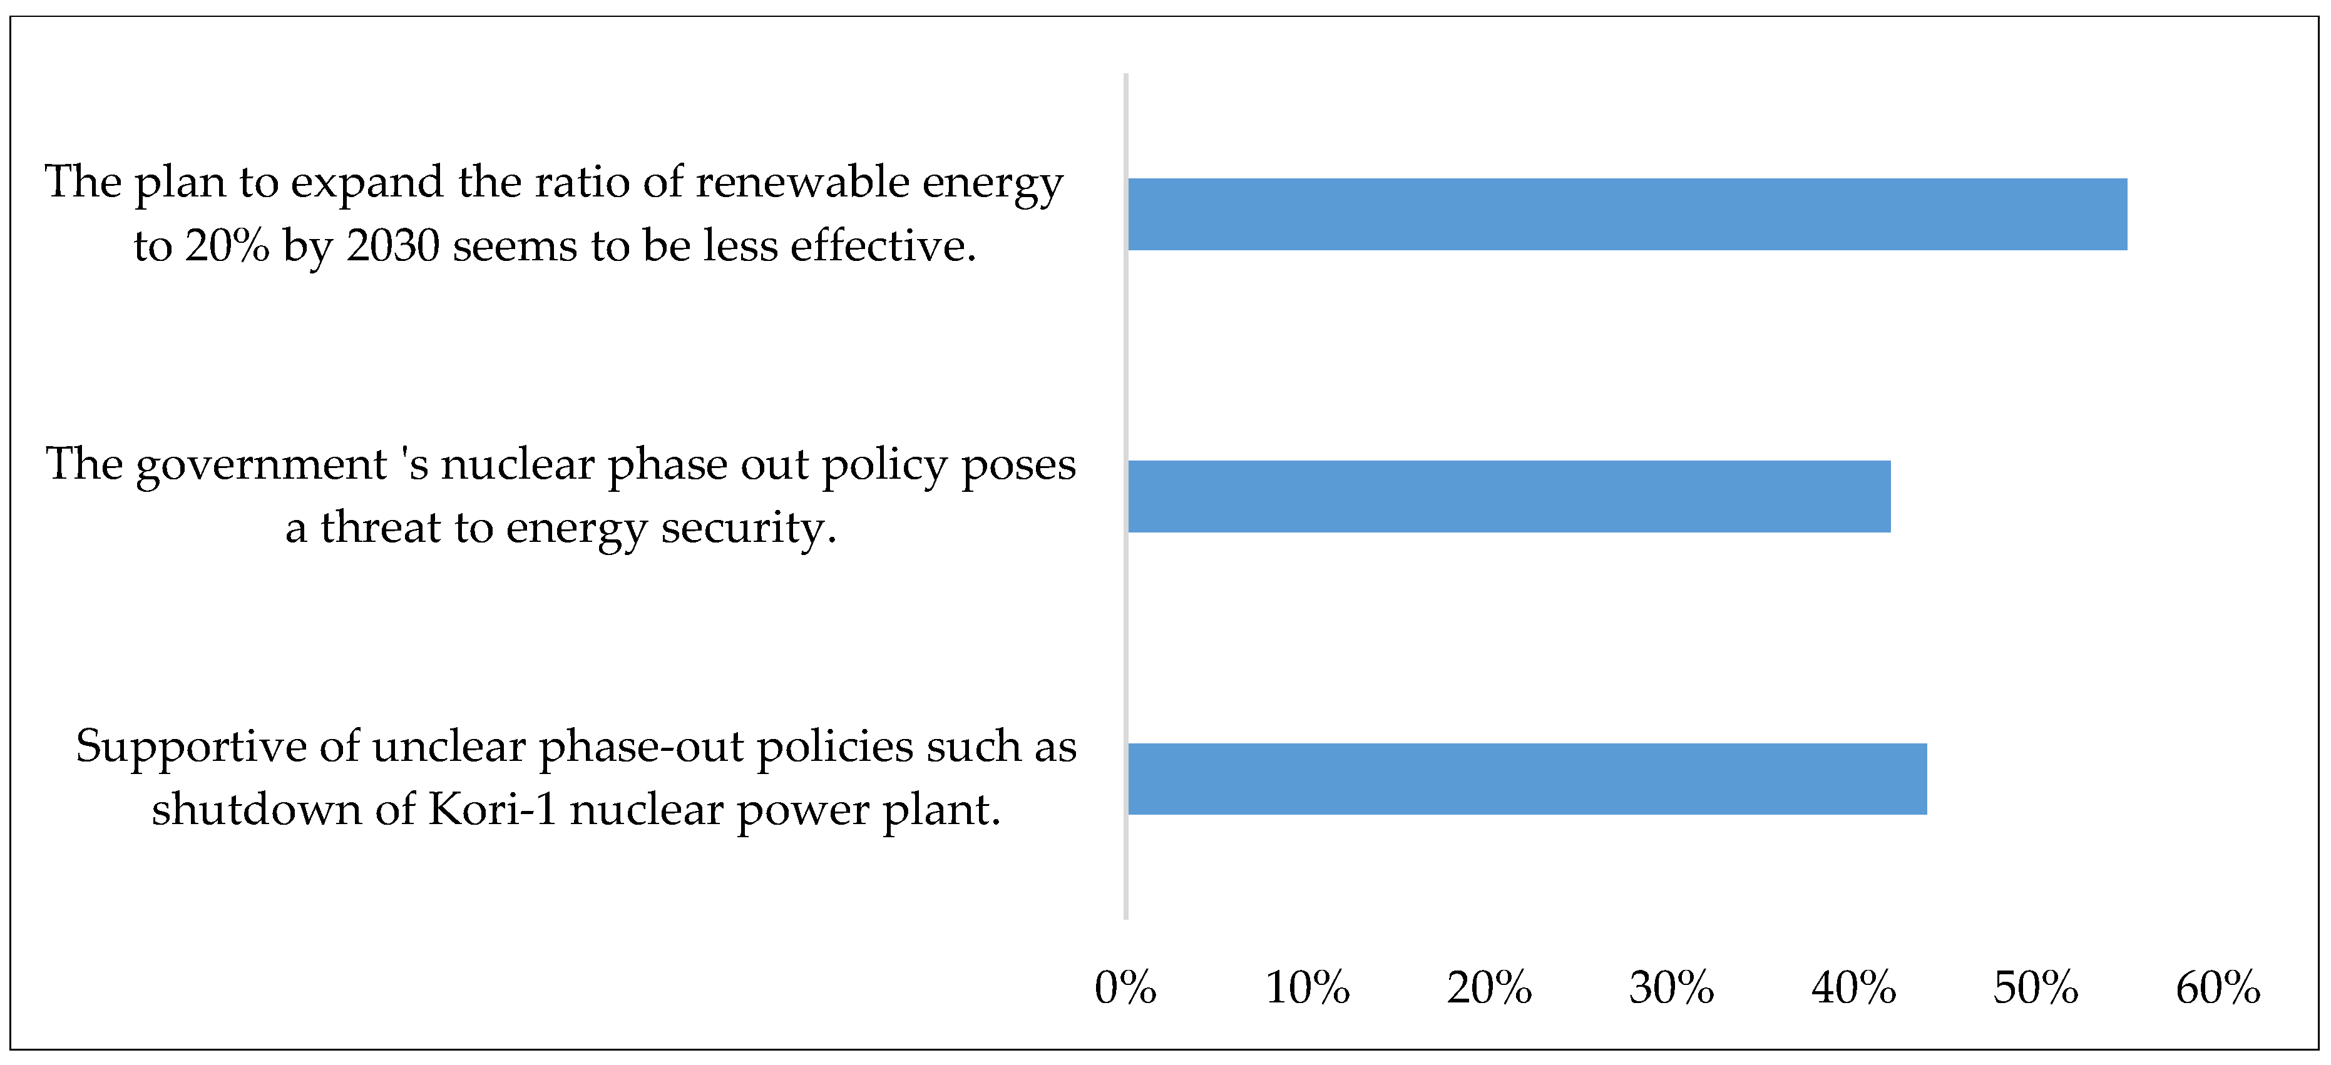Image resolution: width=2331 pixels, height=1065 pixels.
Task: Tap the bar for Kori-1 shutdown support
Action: coord(1527,778)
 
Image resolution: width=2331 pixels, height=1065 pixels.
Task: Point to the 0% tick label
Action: coord(1125,987)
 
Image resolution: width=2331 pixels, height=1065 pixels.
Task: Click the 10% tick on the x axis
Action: coord(1307,987)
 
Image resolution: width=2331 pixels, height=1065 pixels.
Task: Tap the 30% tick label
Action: coord(1671,987)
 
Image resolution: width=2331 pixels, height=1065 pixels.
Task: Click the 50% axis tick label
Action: coord(2035,987)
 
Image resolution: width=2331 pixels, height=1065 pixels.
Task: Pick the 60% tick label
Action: coord(2217,987)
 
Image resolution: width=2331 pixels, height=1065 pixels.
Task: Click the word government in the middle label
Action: coord(262,466)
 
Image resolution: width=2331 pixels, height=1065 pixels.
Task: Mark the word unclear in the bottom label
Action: coord(449,747)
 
